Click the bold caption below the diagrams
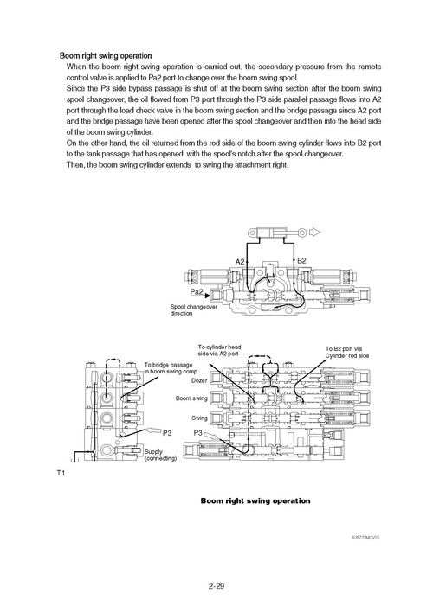point(255,500)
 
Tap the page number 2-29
point(216,586)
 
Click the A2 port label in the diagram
point(241,260)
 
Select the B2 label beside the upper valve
point(302,260)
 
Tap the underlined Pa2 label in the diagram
point(196,292)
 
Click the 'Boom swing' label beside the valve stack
point(191,398)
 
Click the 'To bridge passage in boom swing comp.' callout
point(169,367)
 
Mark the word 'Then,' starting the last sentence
point(76,165)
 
